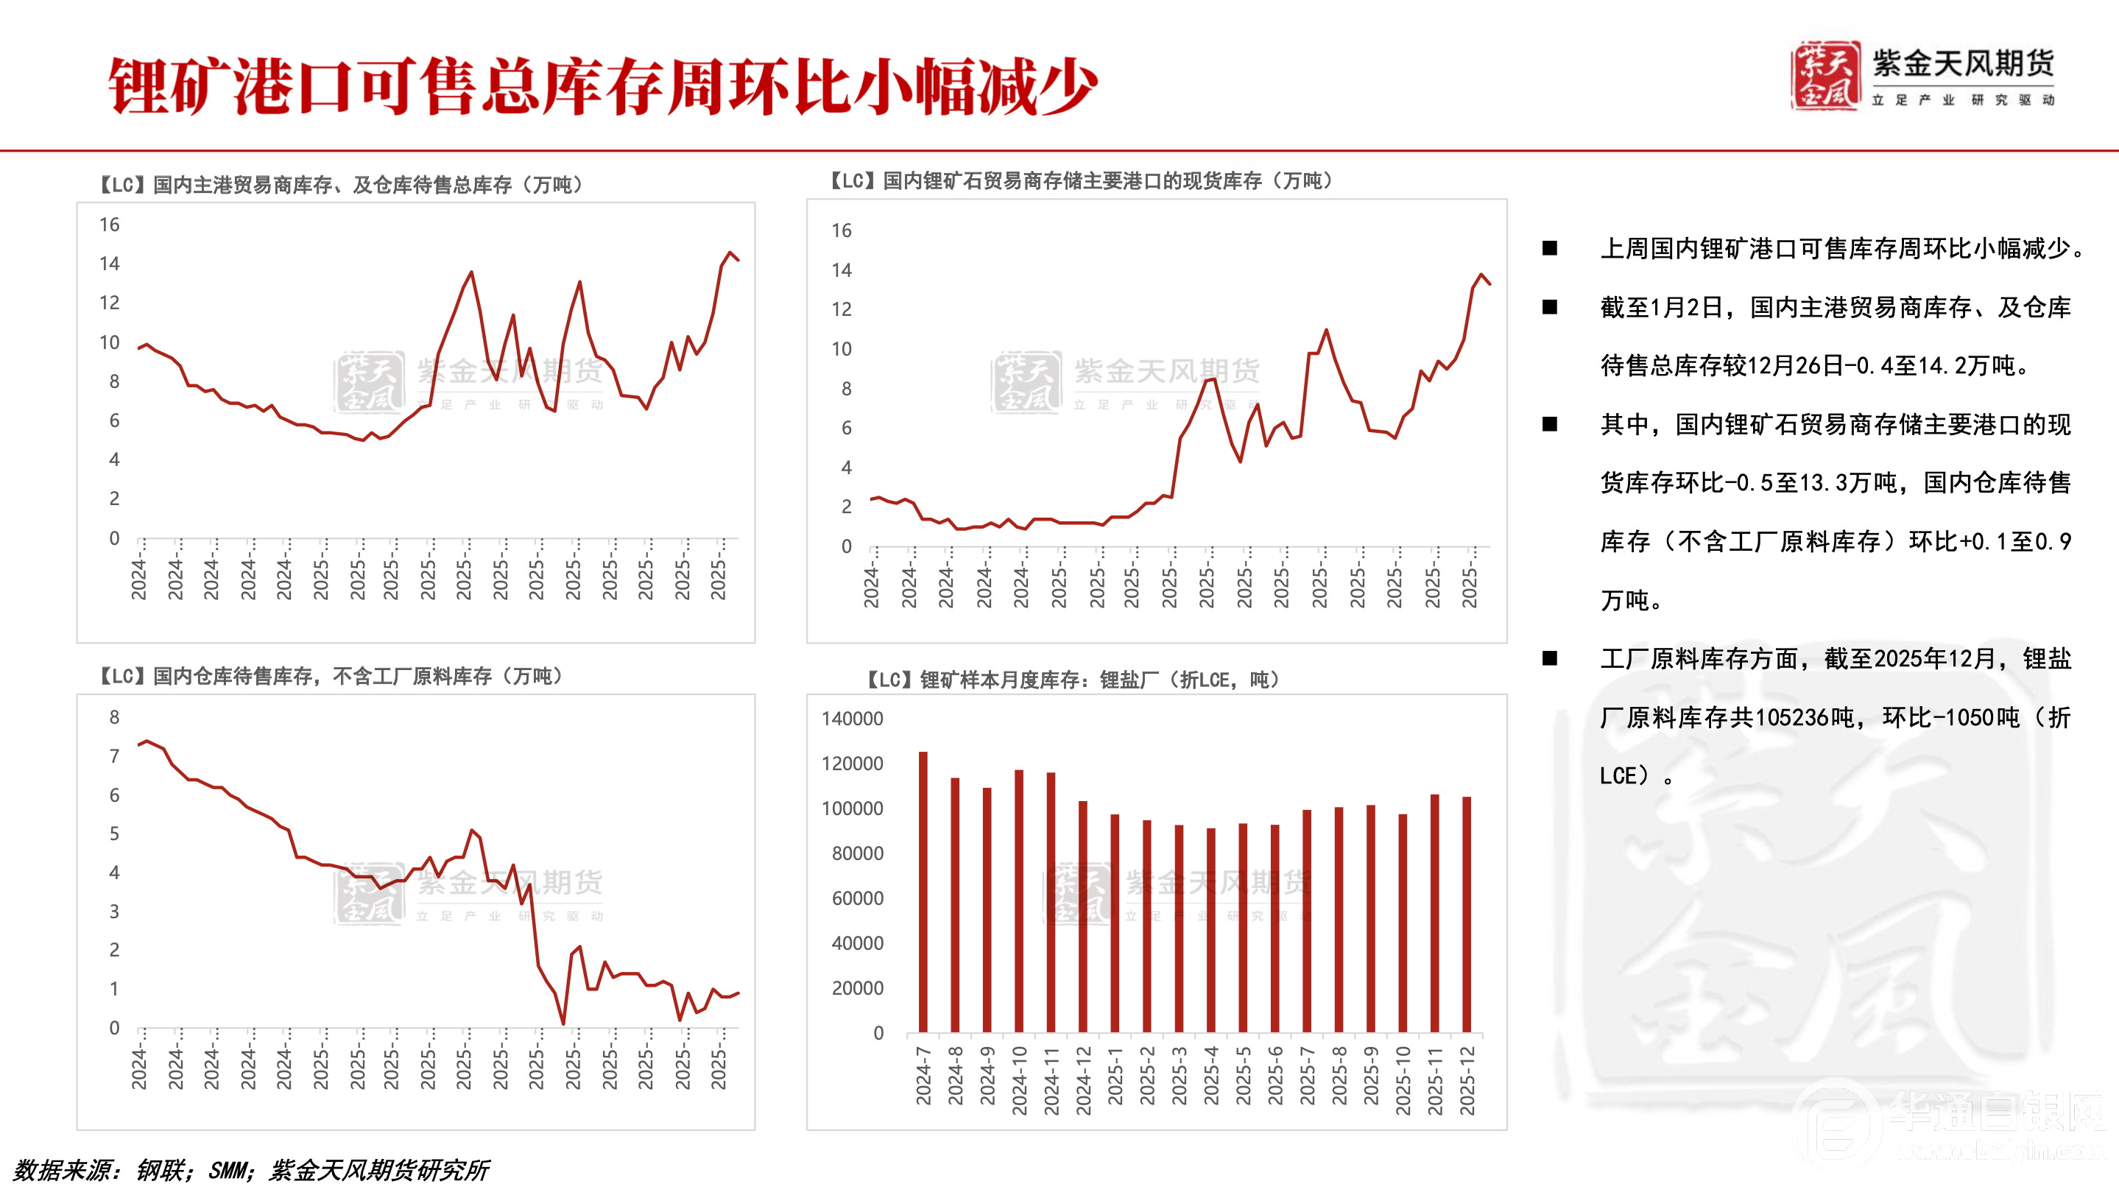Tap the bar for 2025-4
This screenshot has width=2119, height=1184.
coord(1211,930)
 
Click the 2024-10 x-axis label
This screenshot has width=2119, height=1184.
coord(1019,1080)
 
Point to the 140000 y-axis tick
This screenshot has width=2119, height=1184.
coord(852,719)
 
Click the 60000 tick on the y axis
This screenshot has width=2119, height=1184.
coord(857,898)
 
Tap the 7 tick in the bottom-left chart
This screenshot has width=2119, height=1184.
coord(114,756)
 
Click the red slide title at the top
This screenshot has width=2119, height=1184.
coord(602,86)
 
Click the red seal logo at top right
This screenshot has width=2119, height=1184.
coord(1824,76)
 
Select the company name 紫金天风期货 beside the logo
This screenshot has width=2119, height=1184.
coord(1964,64)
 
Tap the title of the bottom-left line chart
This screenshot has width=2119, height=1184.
coord(331,677)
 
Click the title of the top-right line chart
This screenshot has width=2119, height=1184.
coord(1080,180)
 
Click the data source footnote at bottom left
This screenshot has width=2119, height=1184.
coord(251,1169)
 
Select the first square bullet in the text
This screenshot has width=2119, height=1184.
coord(1550,248)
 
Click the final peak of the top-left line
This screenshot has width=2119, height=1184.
coord(730,253)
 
